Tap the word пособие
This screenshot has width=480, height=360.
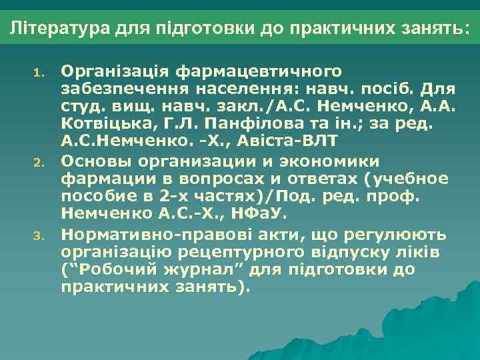(x=95, y=197)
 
